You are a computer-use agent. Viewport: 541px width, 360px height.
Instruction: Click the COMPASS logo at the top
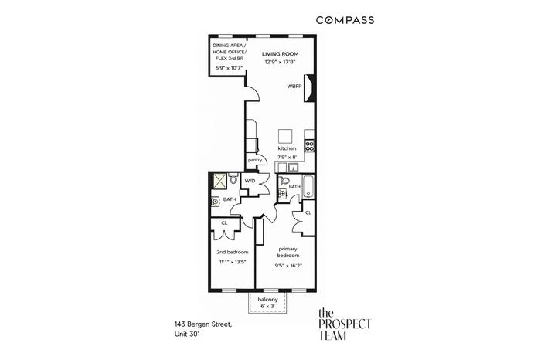(345, 20)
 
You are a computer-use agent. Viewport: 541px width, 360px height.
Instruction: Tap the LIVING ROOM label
(280, 54)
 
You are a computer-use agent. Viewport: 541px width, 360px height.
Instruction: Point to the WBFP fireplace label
(294, 87)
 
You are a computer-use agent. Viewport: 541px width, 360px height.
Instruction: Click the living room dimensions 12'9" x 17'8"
(280, 62)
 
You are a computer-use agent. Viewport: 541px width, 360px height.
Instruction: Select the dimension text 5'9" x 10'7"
(229, 68)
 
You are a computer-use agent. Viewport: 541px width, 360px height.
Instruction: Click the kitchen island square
(285, 136)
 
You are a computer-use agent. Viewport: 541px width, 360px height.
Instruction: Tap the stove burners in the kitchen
(309, 146)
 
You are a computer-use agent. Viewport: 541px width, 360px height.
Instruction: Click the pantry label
(255, 160)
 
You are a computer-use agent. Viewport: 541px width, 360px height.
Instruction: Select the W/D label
(250, 181)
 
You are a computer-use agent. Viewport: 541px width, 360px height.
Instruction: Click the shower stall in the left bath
(219, 181)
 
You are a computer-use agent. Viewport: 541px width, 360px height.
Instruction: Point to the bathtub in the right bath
(308, 186)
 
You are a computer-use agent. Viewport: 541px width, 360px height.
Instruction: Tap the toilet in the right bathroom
(284, 180)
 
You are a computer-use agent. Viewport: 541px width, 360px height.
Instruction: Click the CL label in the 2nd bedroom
(224, 223)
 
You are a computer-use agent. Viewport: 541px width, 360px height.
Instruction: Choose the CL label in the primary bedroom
(308, 212)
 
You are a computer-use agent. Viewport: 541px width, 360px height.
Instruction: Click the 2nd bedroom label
(232, 252)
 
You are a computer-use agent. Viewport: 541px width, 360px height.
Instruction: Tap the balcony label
(267, 300)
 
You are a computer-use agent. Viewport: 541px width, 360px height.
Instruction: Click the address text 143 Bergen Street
(203, 324)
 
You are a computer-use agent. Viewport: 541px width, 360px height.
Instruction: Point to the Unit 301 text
(187, 334)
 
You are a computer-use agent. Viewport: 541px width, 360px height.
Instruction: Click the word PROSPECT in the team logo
(345, 324)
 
